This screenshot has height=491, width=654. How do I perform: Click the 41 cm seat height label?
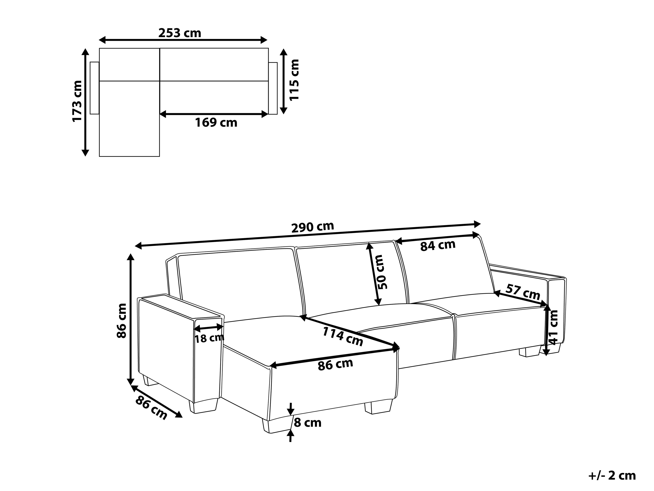(553, 327)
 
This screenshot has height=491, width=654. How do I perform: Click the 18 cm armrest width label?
(209, 338)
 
